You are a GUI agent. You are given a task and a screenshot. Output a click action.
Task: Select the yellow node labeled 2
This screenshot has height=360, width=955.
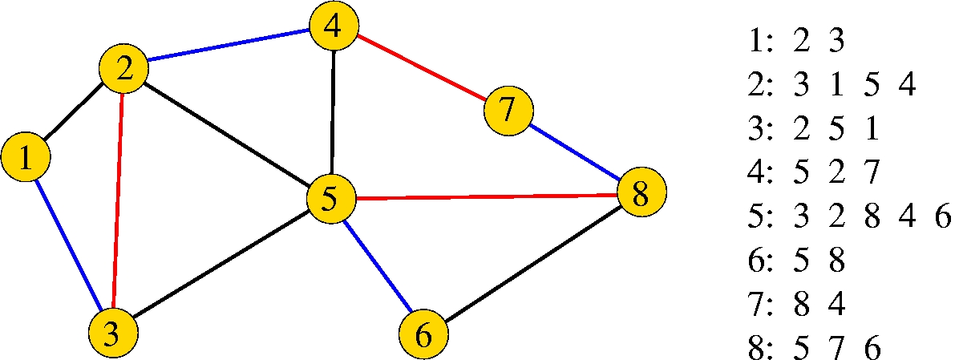point(123,71)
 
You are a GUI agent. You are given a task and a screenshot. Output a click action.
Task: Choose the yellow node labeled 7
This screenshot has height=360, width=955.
point(508,110)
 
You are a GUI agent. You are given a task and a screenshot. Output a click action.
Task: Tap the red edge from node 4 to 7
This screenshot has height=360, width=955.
point(421,69)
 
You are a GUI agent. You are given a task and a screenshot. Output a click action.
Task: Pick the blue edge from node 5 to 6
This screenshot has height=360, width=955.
point(377,267)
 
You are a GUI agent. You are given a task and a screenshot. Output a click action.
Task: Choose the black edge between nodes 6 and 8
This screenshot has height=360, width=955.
point(533,265)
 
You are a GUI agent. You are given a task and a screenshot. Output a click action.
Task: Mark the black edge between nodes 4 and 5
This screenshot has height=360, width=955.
point(332,113)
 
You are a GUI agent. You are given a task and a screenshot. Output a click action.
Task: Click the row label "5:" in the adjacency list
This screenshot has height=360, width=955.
point(758,217)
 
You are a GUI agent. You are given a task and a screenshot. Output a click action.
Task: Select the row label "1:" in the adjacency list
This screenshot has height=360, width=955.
point(758,42)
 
